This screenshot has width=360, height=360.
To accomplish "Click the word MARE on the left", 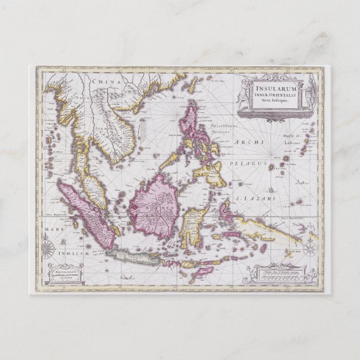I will click(45, 228).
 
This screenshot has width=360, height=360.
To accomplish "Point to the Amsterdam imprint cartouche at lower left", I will click(64, 273).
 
